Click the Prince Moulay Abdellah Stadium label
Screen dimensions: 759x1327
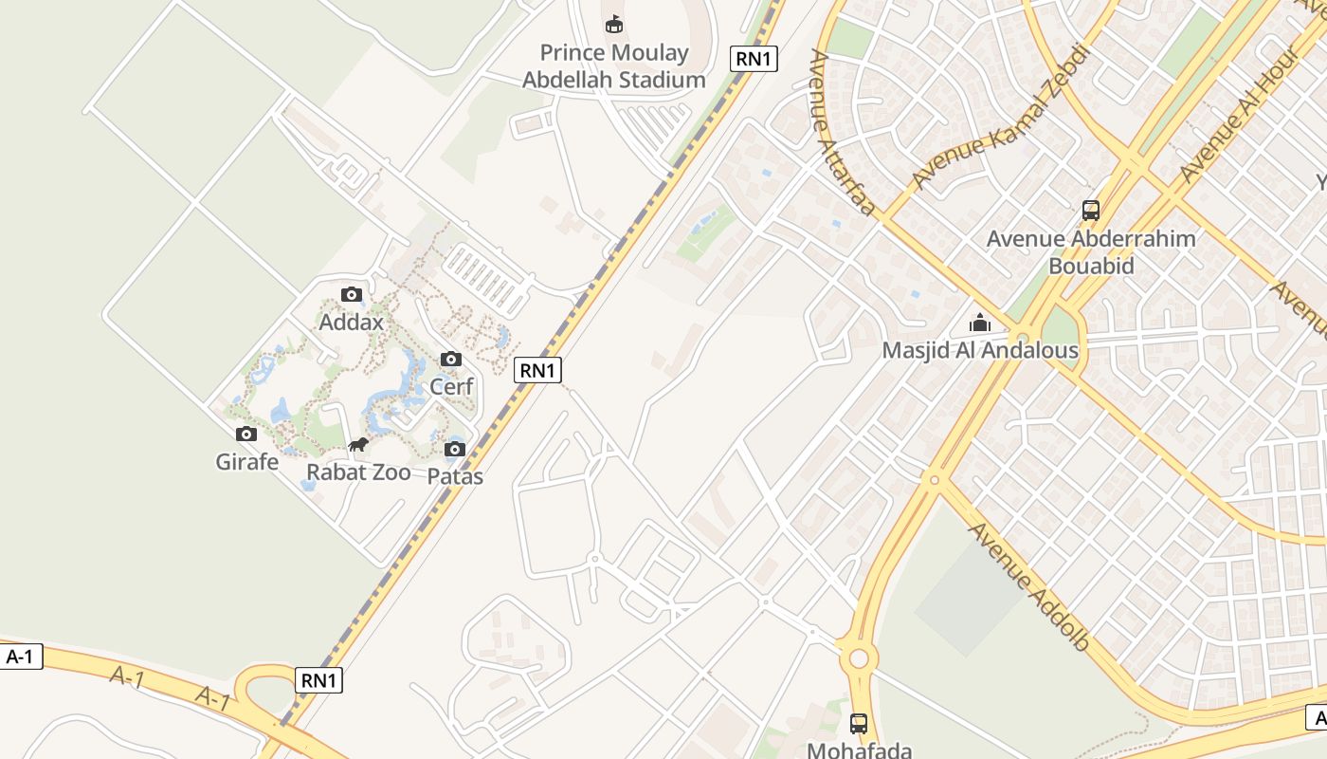coord(614,66)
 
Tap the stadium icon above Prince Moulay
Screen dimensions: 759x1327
coord(614,24)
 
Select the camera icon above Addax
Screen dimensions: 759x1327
coord(352,294)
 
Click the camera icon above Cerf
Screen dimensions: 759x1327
coord(451,359)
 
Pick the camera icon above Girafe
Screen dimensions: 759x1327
coord(246,434)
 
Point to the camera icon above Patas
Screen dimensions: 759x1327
coord(455,449)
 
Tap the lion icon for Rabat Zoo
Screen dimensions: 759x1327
coord(358,445)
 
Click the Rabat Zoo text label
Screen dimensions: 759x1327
coord(358,472)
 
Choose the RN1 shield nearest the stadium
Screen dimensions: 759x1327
coord(754,59)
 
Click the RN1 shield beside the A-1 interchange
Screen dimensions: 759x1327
coord(318,680)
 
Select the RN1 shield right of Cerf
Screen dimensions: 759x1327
coord(537,370)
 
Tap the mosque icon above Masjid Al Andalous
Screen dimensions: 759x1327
coord(980,323)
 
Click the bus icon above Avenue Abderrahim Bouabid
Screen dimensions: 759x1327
coord(1091,210)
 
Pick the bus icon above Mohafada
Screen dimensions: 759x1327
coord(859,723)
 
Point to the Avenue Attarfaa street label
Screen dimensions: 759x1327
coord(840,133)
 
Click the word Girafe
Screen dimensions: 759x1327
coord(247,462)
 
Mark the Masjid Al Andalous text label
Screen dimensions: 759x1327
coord(980,350)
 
